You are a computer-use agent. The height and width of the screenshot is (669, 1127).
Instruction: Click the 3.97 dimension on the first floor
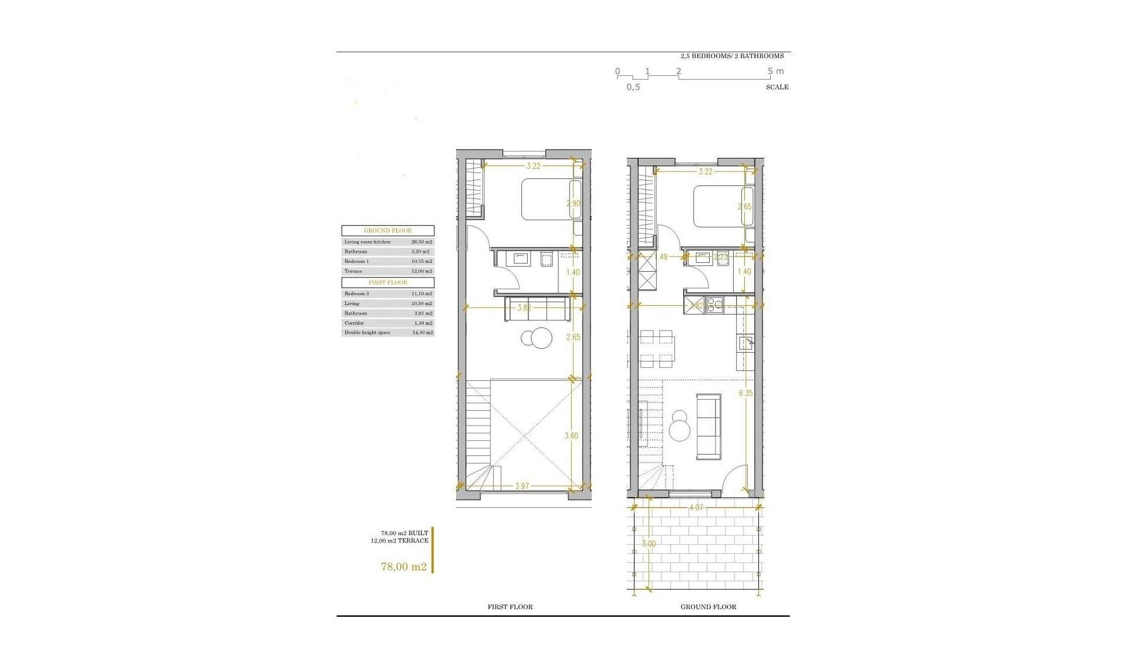(522, 485)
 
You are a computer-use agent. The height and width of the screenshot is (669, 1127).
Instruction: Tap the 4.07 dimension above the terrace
(696, 508)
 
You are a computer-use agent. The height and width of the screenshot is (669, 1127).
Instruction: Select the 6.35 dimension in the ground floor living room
(745, 393)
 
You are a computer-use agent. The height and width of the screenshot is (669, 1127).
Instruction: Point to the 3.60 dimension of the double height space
(571, 435)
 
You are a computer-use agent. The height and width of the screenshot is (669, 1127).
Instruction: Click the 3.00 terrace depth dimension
(649, 543)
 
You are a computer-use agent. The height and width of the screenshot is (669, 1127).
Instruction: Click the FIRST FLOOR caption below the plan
(510, 607)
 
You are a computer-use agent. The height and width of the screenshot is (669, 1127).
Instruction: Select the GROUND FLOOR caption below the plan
(708, 607)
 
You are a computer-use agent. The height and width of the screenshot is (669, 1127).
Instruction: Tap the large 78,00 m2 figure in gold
(404, 566)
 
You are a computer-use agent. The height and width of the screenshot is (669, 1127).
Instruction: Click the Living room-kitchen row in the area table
(388, 242)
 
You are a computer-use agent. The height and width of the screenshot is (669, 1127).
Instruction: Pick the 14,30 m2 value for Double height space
(422, 333)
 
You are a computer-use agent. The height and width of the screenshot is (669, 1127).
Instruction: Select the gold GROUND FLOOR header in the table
(388, 231)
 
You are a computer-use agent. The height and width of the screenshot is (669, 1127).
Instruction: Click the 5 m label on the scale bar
(775, 71)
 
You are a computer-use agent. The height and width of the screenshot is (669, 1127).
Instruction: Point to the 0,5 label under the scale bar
(633, 87)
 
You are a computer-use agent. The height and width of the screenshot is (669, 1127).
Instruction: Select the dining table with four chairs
(656, 348)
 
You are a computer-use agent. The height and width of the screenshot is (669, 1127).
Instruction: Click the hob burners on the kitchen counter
(714, 305)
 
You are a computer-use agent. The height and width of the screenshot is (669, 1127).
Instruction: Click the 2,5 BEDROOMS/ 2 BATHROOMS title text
(732, 56)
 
